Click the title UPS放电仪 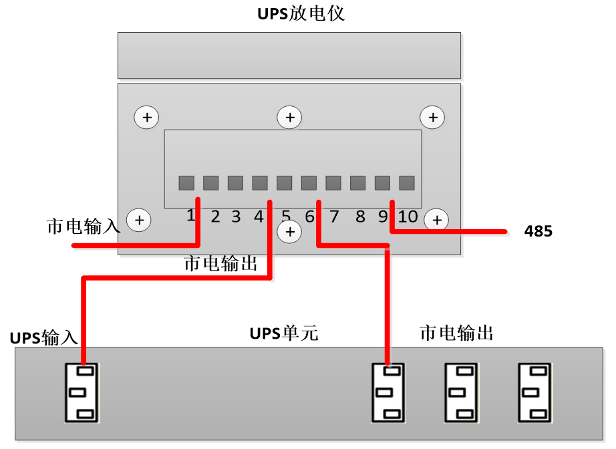[x=301, y=13]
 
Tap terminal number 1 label [x=190, y=216]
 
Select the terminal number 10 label [x=408, y=216]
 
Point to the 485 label [x=538, y=232]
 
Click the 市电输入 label [x=83, y=226]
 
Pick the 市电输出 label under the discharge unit [x=220, y=263]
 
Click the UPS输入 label [x=44, y=337]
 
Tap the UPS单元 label [x=284, y=333]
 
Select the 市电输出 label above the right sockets [x=456, y=333]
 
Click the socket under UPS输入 [x=82, y=392]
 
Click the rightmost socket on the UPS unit [x=535, y=392]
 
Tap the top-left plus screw [x=146, y=118]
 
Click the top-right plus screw [x=432, y=118]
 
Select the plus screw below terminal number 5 [x=289, y=232]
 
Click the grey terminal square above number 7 [x=333, y=183]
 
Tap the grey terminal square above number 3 [x=235, y=183]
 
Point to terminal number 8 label [x=360, y=216]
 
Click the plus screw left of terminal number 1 [x=139, y=219]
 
